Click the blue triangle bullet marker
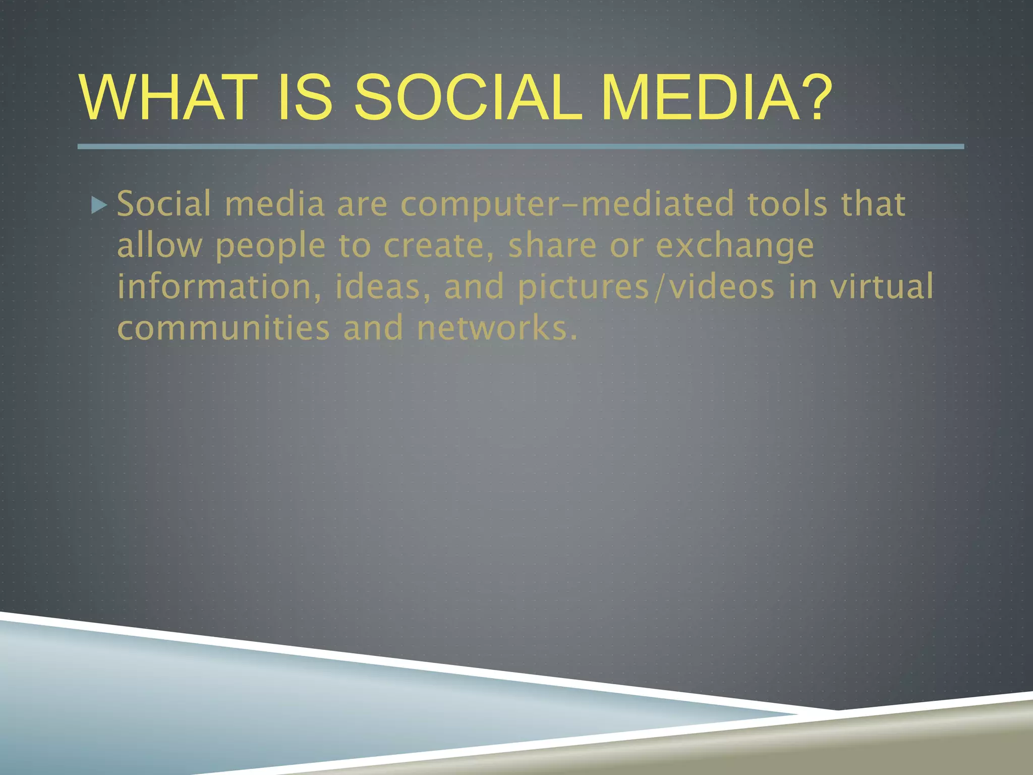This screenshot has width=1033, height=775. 99,205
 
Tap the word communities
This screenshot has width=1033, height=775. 223,328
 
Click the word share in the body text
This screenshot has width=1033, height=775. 552,246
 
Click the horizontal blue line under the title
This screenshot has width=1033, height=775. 520,146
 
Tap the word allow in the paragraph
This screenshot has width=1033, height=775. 159,246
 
